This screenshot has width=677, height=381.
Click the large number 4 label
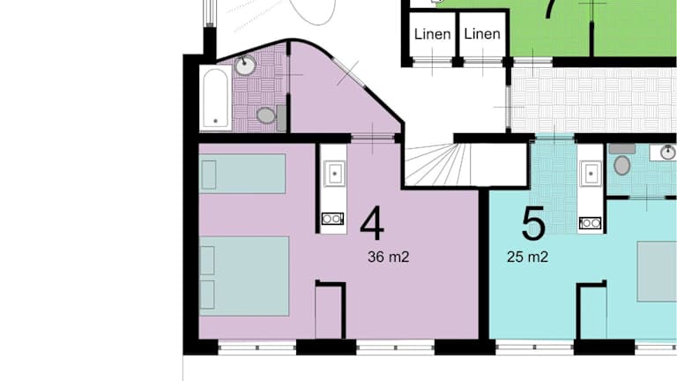pos(372,223)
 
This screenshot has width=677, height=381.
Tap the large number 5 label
pos(533,223)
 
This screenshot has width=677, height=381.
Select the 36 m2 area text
pos(388,257)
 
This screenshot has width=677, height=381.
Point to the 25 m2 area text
pos(528,257)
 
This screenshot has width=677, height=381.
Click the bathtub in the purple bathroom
pos(215,98)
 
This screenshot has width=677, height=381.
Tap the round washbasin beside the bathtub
pos(245,65)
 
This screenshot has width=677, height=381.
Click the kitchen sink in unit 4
pos(335,174)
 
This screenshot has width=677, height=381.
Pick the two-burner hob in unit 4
pos(332,219)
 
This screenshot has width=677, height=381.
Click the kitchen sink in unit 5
pos(591,174)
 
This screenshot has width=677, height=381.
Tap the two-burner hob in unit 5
pos(591,223)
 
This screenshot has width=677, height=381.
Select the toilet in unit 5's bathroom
pos(622,161)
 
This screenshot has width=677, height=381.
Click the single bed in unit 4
pos(242,174)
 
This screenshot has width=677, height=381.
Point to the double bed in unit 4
pos(244,276)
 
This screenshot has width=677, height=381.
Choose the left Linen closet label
pos(432,34)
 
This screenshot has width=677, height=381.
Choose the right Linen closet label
pos(482,34)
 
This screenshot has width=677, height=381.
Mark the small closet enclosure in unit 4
pos(331,310)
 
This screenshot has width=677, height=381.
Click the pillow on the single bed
pos(209,175)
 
